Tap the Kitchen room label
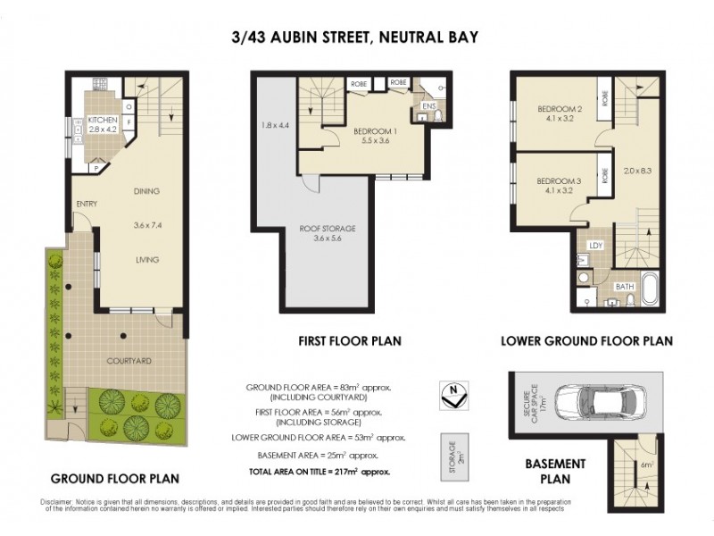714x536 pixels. pyautogui.click(x=103, y=119)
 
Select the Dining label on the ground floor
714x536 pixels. pyautogui.click(x=146, y=190)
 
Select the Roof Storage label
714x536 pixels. pyautogui.click(x=335, y=229)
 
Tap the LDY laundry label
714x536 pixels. pyautogui.click(x=595, y=244)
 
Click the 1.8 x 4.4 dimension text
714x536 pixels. pyautogui.click(x=276, y=124)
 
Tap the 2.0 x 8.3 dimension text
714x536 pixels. pyautogui.click(x=640, y=171)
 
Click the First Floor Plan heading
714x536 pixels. pyautogui.click(x=349, y=340)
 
